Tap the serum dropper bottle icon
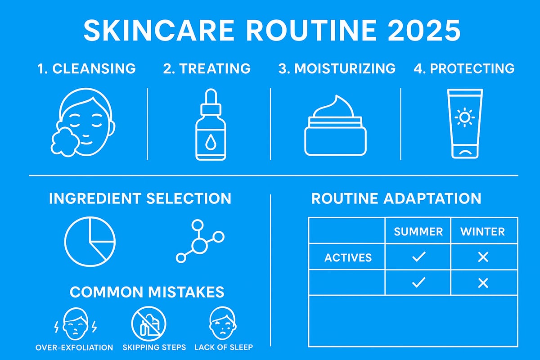(x=211, y=128)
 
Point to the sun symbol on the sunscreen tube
(x=465, y=118)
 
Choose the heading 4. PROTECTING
(x=464, y=68)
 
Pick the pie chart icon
(x=90, y=239)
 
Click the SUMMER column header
(x=418, y=232)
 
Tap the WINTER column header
(x=482, y=232)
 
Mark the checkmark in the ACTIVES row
(x=418, y=257)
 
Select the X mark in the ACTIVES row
(x=483, y=257)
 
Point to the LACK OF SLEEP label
(x=224, y=347)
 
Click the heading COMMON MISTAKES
(x=147, y=292)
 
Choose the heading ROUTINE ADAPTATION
(x=396, y=198)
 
